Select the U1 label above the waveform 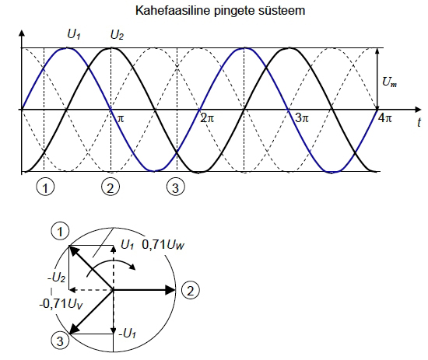click(74, 35)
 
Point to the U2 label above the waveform click(117, 35)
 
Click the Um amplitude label click(390, 82)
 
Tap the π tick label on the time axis click(121, 119)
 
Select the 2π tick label click(207, 118)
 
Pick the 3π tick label click(302, 118)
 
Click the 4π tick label click(385, 118)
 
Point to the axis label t click(419, 122)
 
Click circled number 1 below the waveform click(45, 187)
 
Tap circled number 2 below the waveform click(111, 187)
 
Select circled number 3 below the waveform click(176, 187)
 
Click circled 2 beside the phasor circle click(190, 290)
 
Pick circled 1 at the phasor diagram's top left click(60, 231)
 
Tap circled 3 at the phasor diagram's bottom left click(60, 341)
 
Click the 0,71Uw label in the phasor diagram click(163, 245)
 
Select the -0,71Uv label click(61, 303)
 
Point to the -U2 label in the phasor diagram click(57, 278)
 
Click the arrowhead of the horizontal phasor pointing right click(170, 290)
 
